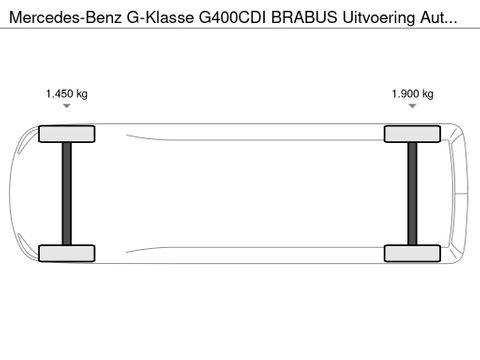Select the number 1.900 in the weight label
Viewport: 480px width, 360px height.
pyautogui.click(x=404, y=94)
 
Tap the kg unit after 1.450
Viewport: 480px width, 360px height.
pyautogui.click(x=81, y=94)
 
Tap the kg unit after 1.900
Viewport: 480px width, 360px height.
pyautogui.click(x=427, y=94)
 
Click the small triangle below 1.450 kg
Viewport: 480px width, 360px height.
pyautogui.click(x=67, y=106)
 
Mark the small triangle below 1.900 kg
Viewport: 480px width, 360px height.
pyautogui.click(x=412, y=106)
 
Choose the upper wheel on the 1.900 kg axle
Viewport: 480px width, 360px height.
pyautogui.click(x=412, y=134)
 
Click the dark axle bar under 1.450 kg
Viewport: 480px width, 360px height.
pyautogui.click(x=67, y=193)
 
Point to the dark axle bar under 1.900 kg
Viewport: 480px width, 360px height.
pyautogui.click(x=412, y=193)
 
